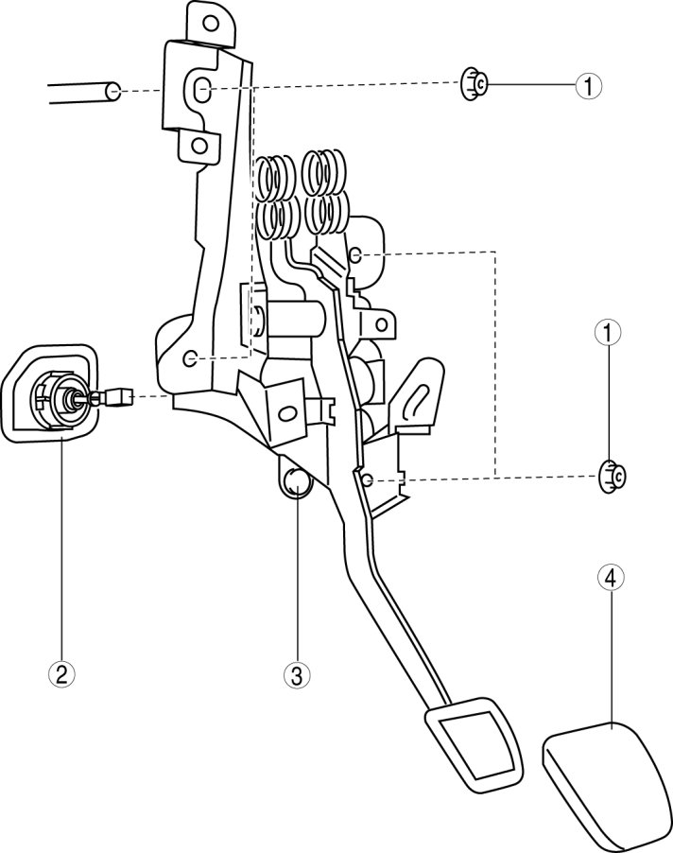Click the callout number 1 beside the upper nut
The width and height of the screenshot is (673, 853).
(588, 86)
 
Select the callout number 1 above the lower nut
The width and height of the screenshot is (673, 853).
(607, 333)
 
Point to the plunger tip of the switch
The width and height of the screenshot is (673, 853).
(120, 398)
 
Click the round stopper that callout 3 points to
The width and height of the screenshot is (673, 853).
(297, 480)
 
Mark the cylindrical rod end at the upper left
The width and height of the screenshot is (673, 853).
(112, 92)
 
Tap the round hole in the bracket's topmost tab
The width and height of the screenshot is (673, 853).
(209, 21)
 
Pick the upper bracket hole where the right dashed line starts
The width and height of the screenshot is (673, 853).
(355, 254)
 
